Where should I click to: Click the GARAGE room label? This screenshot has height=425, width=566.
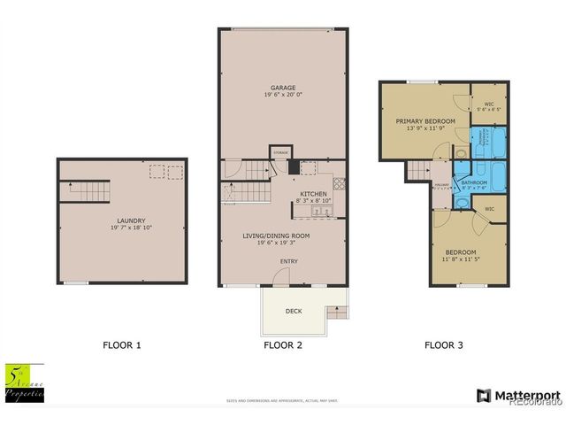click(283, 88)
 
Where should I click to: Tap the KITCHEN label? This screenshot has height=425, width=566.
click(314, 194)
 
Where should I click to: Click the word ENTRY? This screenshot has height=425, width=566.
click(288, 261)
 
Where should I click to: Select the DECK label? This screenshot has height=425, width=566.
click(293, 312)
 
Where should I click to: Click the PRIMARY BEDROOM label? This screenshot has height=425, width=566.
click(425, 120)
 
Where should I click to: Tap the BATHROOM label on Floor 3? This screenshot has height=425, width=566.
click(475, 182)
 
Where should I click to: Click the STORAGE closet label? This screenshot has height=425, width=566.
click(280, 151)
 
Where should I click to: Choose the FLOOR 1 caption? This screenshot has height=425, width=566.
click(121, 345)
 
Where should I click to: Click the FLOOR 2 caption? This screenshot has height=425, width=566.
click(283, 345)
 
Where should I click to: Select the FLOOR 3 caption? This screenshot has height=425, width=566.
click(444, 345)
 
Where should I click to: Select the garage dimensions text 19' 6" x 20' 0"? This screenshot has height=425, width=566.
click(283, 96)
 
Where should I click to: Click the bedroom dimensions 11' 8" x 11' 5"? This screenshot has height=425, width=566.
click(461, 259)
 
